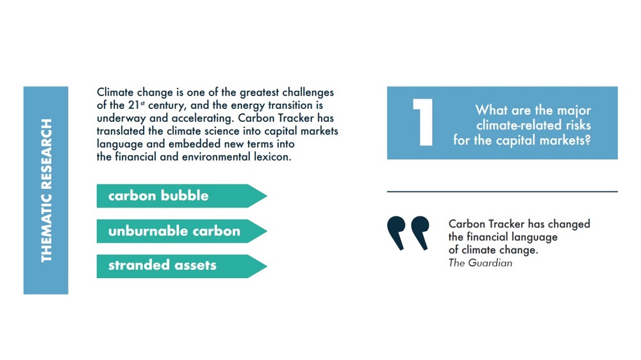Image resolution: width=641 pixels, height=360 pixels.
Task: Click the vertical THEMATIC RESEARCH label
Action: pos(46,190)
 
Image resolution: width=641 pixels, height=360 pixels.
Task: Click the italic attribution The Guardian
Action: pos(480,263)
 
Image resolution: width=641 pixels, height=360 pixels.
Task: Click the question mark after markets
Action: pos(587,140)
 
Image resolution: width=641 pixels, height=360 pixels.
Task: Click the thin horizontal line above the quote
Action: pos(502,192)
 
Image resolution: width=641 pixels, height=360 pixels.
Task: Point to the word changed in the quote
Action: pos(569,224)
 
